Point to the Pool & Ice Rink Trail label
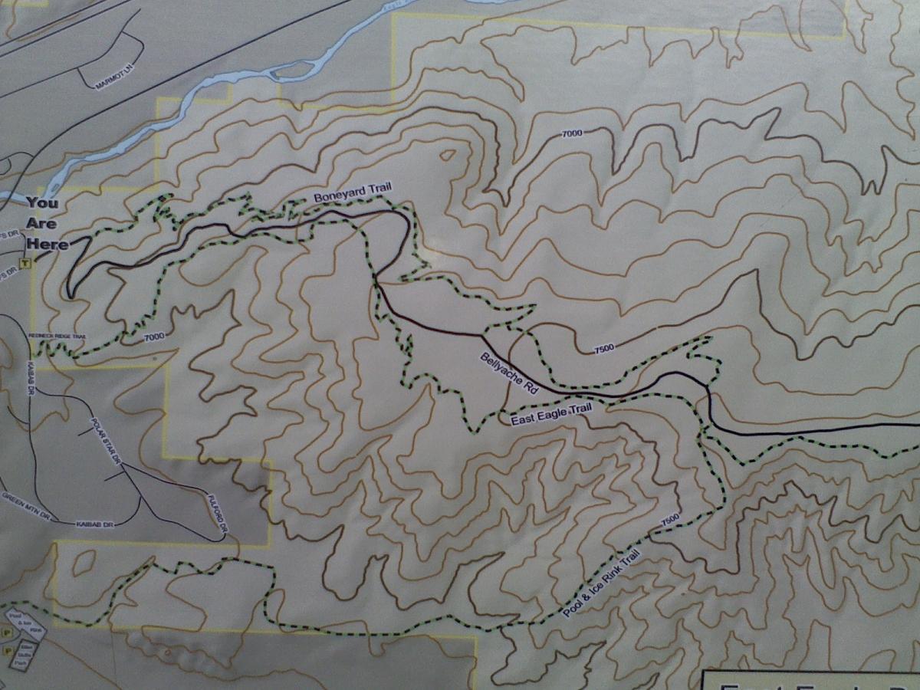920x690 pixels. coord(601,585)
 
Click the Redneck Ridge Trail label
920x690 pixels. coord(58,337)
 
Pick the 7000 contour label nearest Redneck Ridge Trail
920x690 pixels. coord(154,336)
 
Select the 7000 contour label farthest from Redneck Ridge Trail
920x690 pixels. coord(572,134)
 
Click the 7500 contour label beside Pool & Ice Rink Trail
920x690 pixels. coord(669,519)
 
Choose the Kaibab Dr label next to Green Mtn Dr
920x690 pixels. coord(95,524)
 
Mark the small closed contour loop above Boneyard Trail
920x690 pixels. coord(446,156)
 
